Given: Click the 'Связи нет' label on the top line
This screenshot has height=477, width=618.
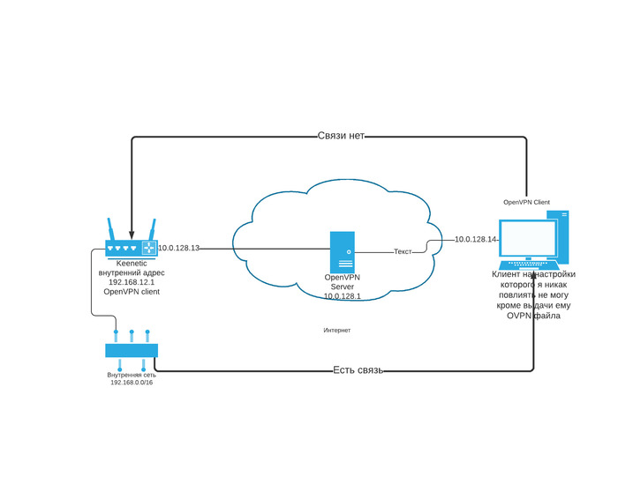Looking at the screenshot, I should tap(341, 137).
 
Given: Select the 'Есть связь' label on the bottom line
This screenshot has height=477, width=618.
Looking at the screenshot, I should tap(358, 370).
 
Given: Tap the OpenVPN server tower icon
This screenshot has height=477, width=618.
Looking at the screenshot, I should tap(343, 252).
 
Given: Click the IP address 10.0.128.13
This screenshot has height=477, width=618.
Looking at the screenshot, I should tap(178, 249).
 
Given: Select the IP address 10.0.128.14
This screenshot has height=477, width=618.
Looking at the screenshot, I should tap(476, 240).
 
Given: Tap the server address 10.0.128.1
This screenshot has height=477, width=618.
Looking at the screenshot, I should tap(343, 296).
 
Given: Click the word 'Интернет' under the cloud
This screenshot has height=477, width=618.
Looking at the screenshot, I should tap(337, 330).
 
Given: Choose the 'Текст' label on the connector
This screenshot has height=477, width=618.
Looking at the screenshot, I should tap(403, 252).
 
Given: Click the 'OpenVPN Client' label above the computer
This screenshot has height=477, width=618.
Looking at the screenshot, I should tap(526, 202).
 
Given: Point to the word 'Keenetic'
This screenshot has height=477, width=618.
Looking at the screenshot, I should tap(132, 264).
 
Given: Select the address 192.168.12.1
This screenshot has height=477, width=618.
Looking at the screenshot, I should tap(132, 282).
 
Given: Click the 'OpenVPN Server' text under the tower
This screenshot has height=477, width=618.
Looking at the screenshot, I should tap(343, 282).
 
